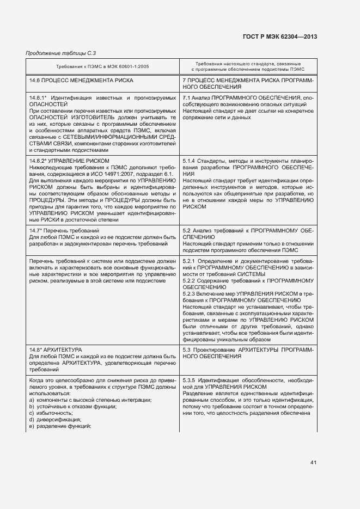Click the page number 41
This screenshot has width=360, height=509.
coord(313,463)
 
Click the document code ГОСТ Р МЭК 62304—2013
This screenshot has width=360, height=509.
coord(279,37)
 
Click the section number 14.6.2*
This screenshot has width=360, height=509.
coord(40,161)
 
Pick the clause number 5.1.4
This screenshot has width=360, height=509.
coord(189,161)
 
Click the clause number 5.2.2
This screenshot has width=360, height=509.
coord(189,280)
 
